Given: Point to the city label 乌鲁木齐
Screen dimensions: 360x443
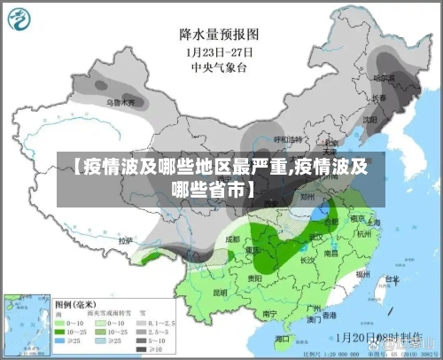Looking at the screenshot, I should [x=121, y=103].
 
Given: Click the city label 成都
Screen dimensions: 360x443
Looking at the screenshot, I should [x=233, y=239].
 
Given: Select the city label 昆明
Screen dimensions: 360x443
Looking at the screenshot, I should [x=220, y=291].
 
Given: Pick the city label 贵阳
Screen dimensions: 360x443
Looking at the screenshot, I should [x=255, y=278].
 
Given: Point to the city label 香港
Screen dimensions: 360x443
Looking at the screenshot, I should [x=329, y=315].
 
